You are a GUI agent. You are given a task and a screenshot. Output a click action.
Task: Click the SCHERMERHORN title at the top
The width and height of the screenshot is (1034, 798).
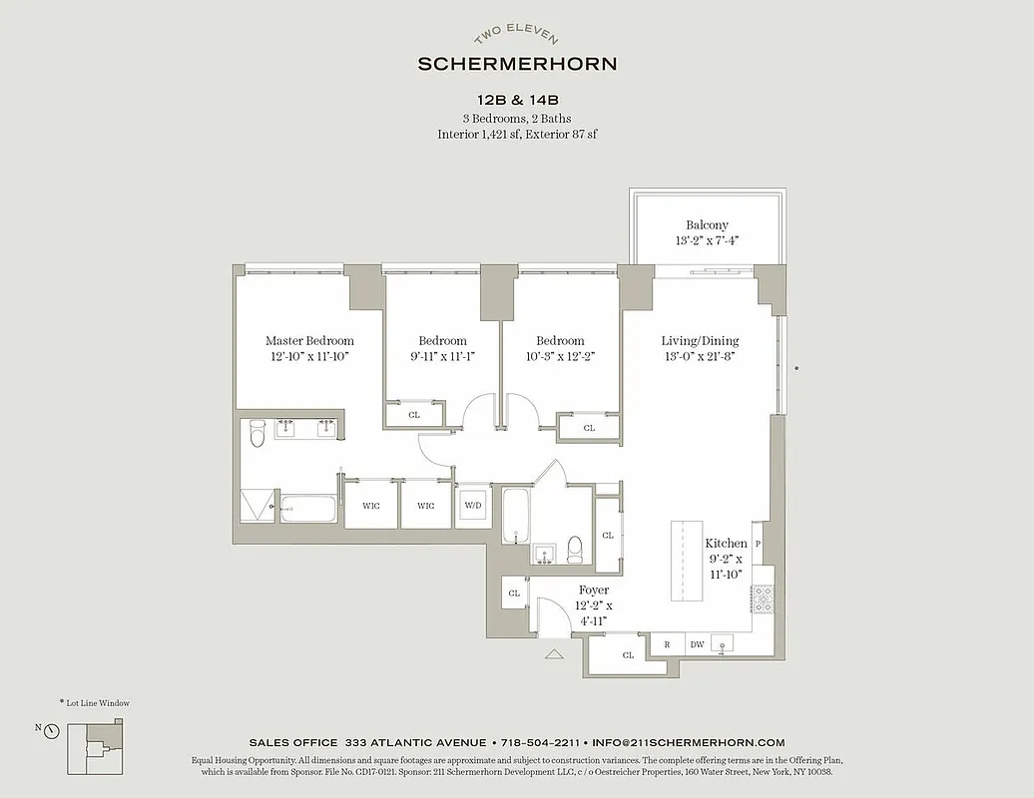pyautogui.click(x=517, y=64)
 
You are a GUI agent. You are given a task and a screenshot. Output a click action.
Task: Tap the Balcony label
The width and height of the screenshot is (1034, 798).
pyautogui.click(x=707, y=225)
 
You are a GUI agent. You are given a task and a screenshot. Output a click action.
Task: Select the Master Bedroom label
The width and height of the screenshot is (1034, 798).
pyautogui.click(x=309, y=341)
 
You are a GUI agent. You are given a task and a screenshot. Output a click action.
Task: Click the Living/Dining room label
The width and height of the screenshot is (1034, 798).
pyautogui.click(x=700, y=341)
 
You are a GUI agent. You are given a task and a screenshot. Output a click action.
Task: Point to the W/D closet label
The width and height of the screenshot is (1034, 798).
pyautogui.click(x=472, y=506)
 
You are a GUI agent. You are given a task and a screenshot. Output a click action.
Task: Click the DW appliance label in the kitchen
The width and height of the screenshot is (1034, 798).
pyautogui.click(x=697, y=644)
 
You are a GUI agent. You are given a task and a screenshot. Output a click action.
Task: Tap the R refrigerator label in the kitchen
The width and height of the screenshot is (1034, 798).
pyautogui.click(x=667, y=644)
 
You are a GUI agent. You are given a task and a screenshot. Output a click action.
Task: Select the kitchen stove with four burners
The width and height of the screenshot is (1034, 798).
pyautogui.click(x=764, y=598)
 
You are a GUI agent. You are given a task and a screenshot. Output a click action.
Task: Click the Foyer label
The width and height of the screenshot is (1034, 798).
pyautogui.click(x=594, y=591)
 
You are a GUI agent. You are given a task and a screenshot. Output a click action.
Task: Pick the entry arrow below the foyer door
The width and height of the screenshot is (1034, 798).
pyautogui.click(x=556, y=654)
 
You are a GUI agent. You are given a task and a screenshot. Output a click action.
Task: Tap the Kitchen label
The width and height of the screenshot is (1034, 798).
pyautogui.click(x=726, y=544)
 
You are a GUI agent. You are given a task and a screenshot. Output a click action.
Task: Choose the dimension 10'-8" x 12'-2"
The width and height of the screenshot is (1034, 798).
pyautogui.click(x=560, y=356)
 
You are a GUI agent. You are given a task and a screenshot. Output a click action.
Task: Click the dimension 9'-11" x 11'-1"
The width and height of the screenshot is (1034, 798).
pyautogui.click(x=442, y=356)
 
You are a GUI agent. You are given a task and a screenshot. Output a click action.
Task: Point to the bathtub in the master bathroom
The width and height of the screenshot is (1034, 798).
pyautogui.click(x=309, y=508)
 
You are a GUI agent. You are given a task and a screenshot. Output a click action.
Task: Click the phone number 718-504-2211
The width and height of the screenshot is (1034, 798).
pyautogui.click(x=540, y=742)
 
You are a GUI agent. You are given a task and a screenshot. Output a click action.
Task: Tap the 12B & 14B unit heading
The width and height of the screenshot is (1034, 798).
pyautogui.click(x=517, y=100)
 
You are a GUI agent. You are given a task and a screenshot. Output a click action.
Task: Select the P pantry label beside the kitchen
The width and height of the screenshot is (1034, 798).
pyautogui.click(x=759, y=544)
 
